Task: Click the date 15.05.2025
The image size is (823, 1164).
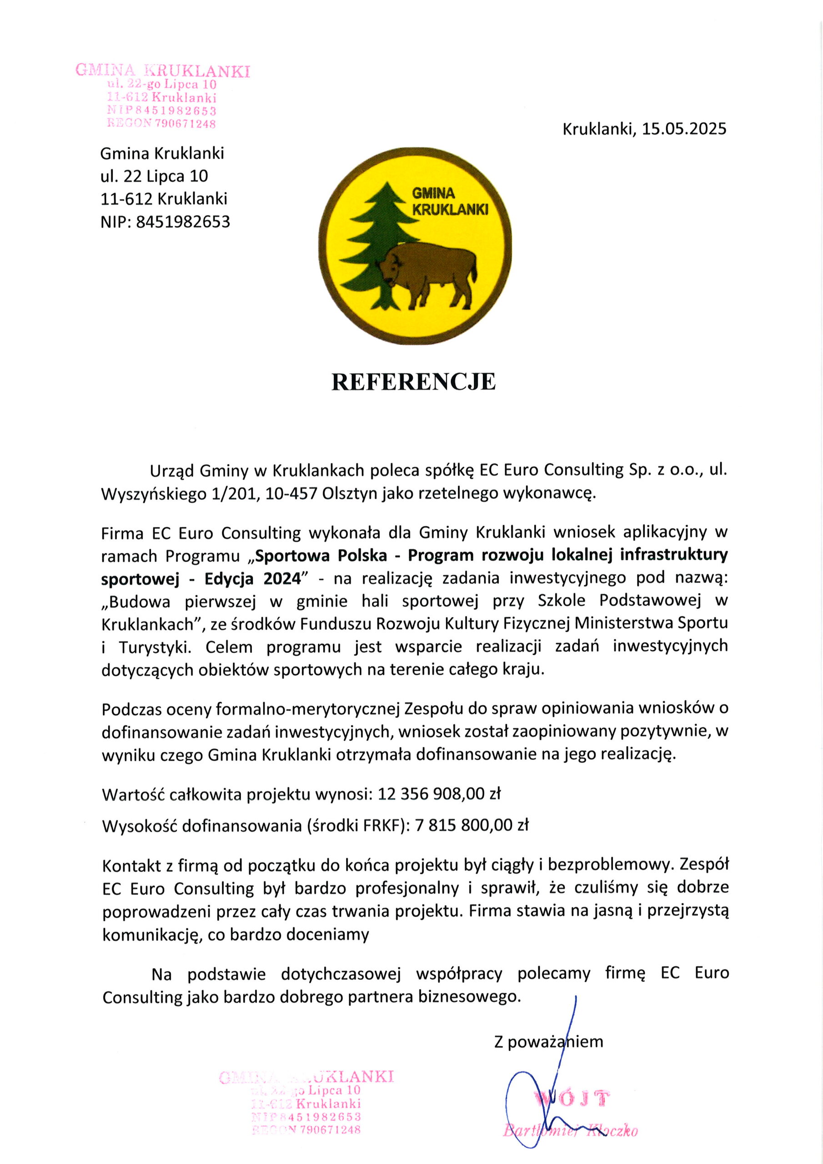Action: (684, 129)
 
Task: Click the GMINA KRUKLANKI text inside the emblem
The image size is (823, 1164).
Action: (449, 201)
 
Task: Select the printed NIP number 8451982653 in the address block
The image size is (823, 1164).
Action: (182, 221)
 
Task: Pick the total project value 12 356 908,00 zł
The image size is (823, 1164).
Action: (439, 793)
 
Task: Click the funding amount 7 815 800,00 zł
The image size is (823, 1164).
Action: (472, 826)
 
